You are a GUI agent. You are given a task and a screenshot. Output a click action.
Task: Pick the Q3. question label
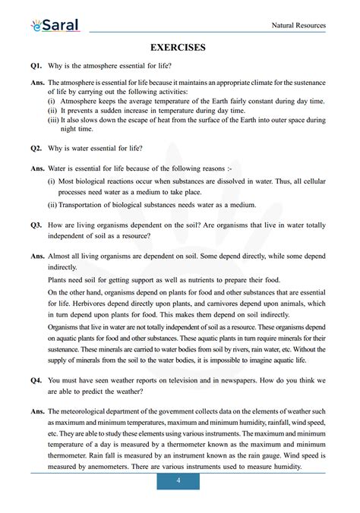37,225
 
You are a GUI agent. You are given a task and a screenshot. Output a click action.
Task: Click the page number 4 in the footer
178,481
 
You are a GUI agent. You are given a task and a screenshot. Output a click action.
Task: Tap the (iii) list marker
53,120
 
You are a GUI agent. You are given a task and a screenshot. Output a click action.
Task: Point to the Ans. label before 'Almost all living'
37,257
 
